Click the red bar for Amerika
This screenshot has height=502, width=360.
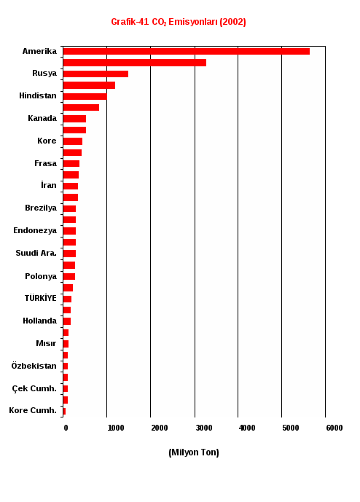tap(187, 51)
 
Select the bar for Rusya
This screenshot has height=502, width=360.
tap(95, 74)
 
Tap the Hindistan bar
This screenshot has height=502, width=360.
tap(85, 96)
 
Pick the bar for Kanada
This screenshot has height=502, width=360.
tap(74, 119)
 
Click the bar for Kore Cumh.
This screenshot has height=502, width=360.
tap(64, 412)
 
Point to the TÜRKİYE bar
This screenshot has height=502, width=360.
tap(67, 299)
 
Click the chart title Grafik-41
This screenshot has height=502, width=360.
tap(130, 22)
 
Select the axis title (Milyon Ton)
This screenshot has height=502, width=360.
tap(194, 452)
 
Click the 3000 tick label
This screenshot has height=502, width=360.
tap(204, 428)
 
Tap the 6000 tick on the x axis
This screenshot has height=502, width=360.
tap(334, 428)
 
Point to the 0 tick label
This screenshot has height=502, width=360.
tap(66, 428)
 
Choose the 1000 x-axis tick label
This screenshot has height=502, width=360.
tap(116, 428)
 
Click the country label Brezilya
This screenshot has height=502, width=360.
tap(41, 208)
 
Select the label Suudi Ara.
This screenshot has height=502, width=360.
tap(36, 253)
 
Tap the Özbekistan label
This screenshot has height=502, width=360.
tap(34, 366)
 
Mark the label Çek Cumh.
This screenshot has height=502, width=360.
tap(34, 388)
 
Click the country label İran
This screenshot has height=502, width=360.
tap(49, 185)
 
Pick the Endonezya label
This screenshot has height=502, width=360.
tap(35, 230)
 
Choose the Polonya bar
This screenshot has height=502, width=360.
tap(69, 277)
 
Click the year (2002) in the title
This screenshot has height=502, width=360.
tap(233, 22)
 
